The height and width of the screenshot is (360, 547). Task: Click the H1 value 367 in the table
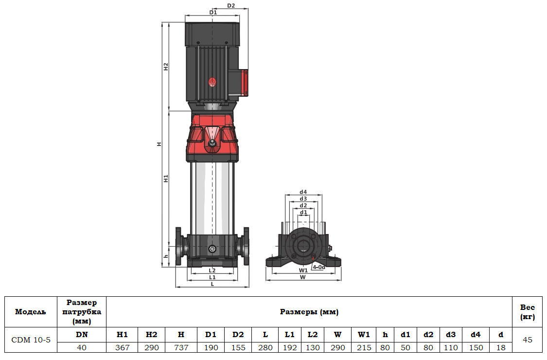[122, 347]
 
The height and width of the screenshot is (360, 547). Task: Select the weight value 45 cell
[528, 340]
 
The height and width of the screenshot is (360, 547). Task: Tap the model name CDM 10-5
[31, 340]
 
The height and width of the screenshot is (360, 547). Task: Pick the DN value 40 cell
[82, 347]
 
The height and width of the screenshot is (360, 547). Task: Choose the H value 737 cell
[181, 347]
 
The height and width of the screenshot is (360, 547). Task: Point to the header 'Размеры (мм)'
[309, 312]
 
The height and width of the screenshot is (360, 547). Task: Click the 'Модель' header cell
[31, 312]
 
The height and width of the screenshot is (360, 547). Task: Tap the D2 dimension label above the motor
[231, 6]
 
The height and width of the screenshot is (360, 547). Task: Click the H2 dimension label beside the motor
[166, 67]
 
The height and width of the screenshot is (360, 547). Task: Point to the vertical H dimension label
[159, 144]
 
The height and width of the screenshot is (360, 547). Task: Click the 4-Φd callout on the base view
[319, 267]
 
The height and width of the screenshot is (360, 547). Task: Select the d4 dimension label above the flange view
[303, 192]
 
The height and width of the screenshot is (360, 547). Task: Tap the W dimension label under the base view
[303, 277]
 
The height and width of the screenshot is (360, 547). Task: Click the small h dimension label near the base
[166, 256]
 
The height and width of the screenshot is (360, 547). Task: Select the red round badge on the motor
[212, 82]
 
